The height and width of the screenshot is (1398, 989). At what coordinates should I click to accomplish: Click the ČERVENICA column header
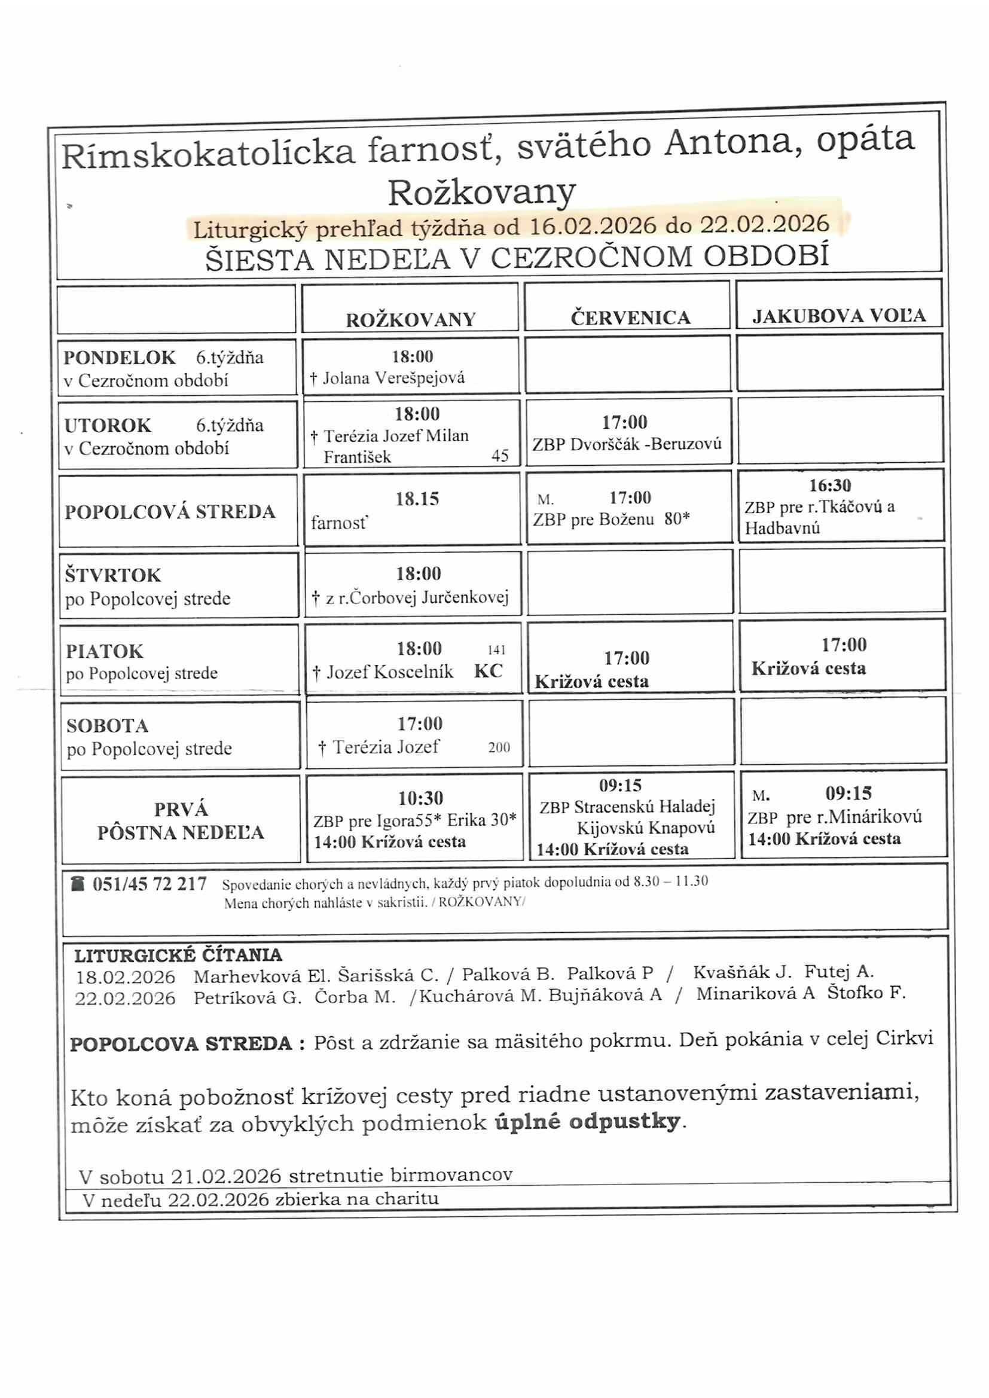point(630,318)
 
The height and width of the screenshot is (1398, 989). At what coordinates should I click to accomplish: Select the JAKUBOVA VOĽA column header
point(838,315)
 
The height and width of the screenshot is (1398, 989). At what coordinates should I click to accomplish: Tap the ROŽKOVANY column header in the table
point(411,320)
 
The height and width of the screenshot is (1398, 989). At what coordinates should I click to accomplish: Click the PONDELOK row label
point(120,358)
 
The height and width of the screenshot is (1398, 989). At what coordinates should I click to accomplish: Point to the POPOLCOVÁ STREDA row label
point(170,511)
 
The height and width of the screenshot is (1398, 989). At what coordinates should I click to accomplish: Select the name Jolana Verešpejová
point(393,378)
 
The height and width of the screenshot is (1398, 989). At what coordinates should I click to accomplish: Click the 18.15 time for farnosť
point(417,499)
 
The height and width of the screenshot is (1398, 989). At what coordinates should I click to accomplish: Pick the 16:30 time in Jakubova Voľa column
point(830,486)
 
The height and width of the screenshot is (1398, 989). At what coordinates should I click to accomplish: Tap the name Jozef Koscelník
point(390,671)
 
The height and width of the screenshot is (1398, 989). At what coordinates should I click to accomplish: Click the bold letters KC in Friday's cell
point(489,671)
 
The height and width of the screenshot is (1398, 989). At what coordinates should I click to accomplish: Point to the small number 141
point(496,650)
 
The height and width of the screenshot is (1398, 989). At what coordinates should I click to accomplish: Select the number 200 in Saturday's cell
point(499,747)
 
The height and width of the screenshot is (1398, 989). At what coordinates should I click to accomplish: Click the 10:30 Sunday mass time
point(421,798)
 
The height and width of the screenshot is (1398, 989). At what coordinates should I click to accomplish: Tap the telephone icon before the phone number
point(77,883)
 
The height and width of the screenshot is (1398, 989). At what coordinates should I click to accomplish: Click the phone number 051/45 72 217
point(149,884)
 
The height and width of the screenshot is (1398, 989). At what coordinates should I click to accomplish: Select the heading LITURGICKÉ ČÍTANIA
point(178,954)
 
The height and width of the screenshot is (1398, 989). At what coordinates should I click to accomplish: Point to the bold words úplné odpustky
point(588,1121)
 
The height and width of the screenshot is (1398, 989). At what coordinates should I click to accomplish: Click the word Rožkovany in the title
point(481,193)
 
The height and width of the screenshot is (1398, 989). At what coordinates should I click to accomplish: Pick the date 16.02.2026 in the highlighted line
point(593,227)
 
